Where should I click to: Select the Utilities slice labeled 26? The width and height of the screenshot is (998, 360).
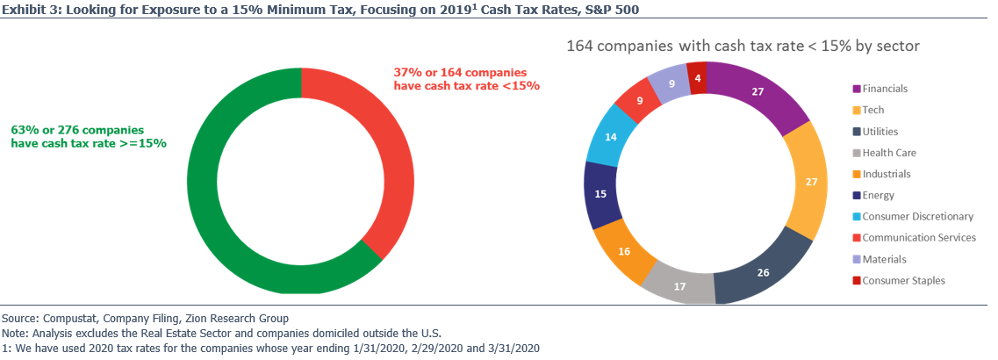click(x=761, y=272)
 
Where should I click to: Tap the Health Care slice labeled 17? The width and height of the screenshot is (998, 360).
click(x=678, y=284)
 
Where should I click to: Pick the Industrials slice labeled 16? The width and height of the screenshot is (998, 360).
click(x=623, y=251)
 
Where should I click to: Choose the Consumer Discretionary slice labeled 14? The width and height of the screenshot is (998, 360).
click(x=610, y=137)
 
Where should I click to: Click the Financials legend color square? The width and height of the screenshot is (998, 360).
click(x=857, y=89)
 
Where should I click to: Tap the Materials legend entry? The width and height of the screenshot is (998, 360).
click(x=895, y=259)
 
